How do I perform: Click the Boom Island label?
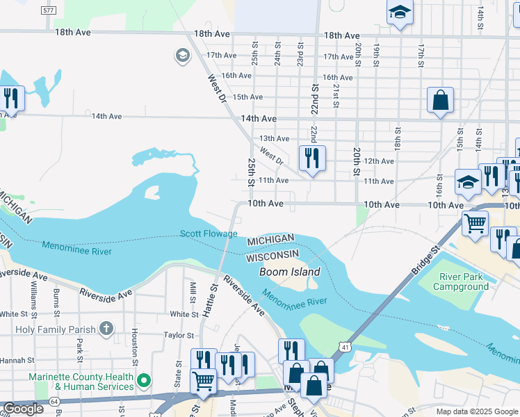pos(290,272)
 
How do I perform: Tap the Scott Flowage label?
pos(209,234)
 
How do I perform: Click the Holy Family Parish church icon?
pos(106,327)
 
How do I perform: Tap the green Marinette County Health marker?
pos(143,380)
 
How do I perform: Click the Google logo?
pos(23,409)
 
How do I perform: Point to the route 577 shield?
pos(48,11)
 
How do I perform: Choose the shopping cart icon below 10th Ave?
pos(475,224)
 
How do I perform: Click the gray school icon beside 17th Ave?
pos(183,56)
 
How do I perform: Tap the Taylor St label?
pos(177,335)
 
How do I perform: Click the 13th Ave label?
pos(274,139)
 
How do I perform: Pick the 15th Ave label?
pos(247,97)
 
